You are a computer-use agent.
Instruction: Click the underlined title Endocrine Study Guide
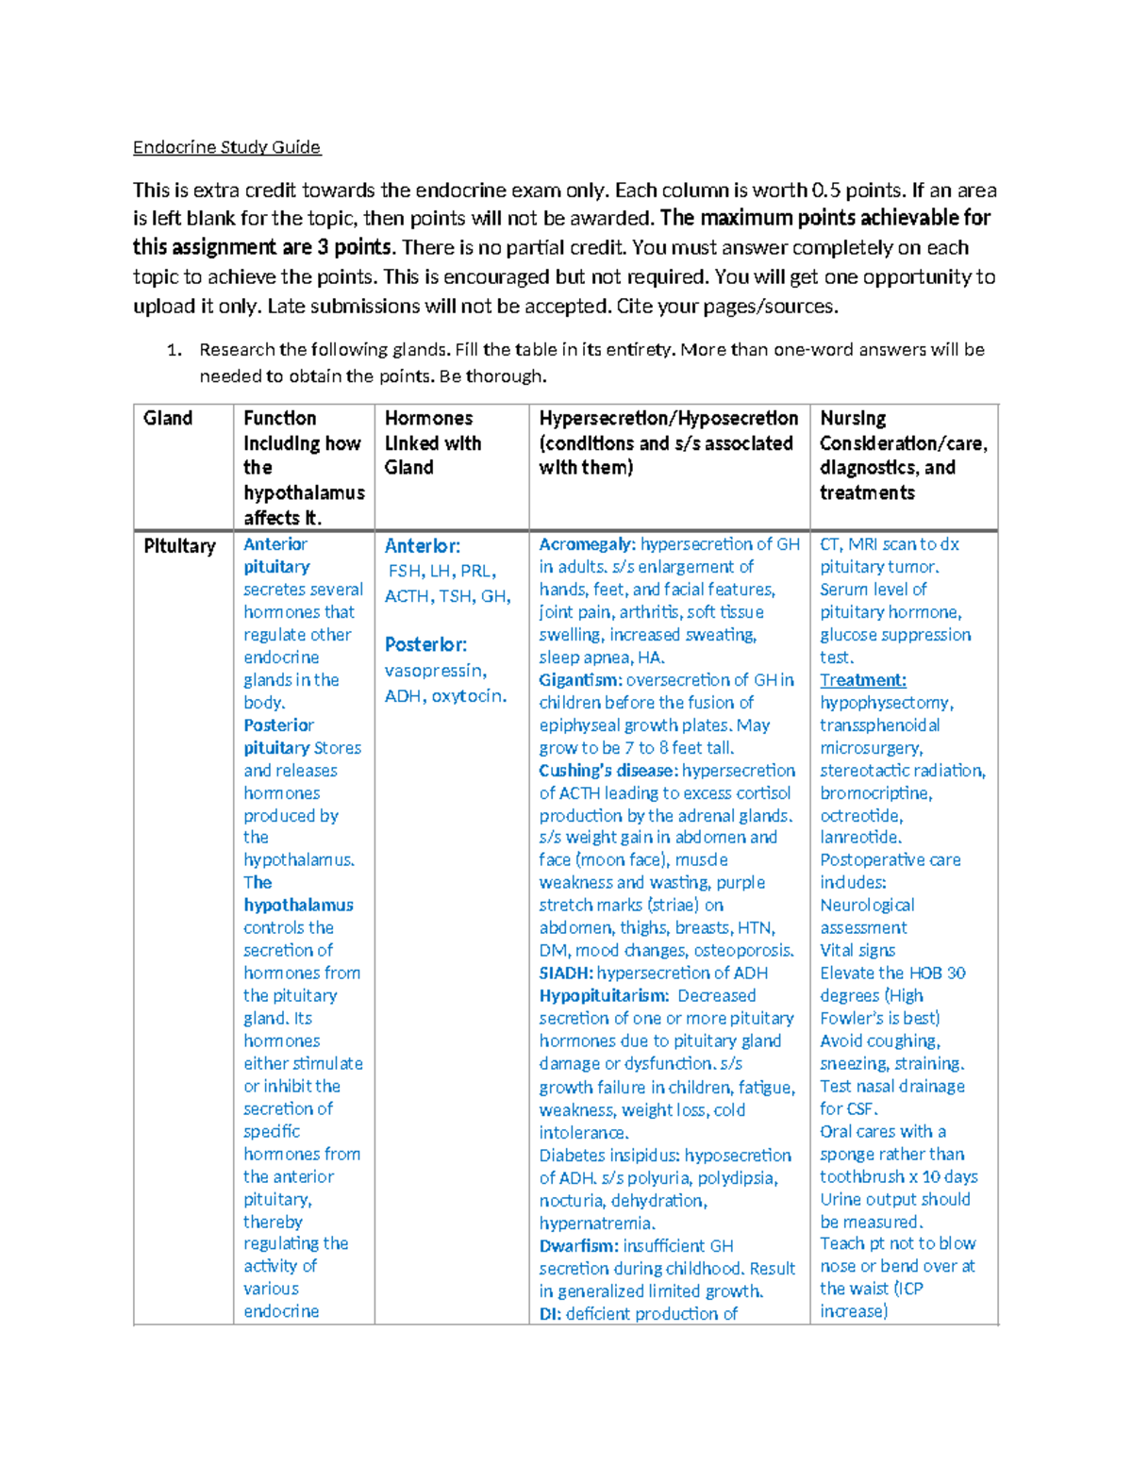coord(226,147)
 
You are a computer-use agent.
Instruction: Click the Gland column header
coord(168,418)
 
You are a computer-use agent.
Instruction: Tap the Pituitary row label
coord(179,546)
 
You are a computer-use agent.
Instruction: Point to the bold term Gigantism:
coord(580,680)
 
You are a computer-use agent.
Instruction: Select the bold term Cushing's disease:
coord(608,771)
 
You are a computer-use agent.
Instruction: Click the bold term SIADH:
coord(566,973)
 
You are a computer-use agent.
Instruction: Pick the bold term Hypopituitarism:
coord(604,995)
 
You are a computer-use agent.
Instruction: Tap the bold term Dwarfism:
coord(578,1246)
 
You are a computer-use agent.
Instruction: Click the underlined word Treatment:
coord(862,680)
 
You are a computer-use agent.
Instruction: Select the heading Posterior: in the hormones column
coord(425,644)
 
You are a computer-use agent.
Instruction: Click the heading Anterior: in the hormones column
coord(422,546)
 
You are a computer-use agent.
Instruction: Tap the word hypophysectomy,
coord(886,703)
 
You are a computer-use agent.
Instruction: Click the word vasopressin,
coord(435,671)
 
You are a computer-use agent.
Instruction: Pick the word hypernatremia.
coord(596,1224)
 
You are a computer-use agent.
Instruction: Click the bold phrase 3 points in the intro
coord(354,247)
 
